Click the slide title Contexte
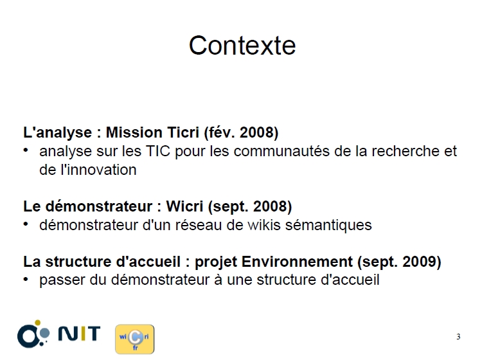click(x=242, y=46)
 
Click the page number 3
click(x=458, y=337)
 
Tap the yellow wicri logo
click(x=135, y=339)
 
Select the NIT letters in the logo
click(x=79, y=333)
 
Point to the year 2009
click(x=422, y=262)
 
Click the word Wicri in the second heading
click(x=184, y=206)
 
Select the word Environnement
click(x=297, y=262)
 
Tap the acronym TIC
click(x=157, y=151)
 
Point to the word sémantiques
click(x=328, y=226)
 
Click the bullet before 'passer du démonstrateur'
click(x=26, y=280)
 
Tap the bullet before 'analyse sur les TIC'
click(x=26, y=150)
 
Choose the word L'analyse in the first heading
click(x=57, y=133)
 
